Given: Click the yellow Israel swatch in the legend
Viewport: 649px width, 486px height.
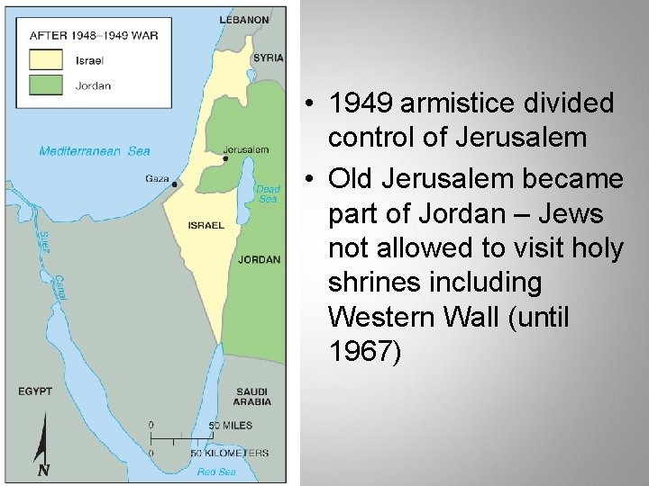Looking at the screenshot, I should pyautogui.click(x=46, y=60).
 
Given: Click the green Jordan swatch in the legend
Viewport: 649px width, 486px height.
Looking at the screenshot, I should pyautogui.click(x=46, y=85).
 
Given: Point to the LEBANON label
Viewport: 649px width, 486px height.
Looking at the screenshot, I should pyautogui.click(x=244, y=19).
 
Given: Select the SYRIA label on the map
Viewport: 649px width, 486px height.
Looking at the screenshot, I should pyautogui.click(x=268, y=58).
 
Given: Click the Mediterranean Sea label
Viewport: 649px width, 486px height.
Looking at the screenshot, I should pyautogui.click(x=95, y=151).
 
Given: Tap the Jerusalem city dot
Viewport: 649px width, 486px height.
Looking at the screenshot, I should pyautogui.click(x=225, y=158).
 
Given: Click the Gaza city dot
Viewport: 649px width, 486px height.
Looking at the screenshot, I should pyautogui.click(x=174, y=184).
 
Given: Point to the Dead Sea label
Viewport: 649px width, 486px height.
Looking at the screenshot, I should pyautogui.click(x=268, y=193).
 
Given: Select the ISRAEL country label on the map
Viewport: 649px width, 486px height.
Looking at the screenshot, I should pyautogui.click(x=206, y=225).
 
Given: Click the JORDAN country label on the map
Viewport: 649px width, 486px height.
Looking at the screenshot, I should pyautogui.click(x=259, y=260).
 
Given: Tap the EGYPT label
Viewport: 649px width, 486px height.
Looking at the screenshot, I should pyautogui.click(x=35, y=391).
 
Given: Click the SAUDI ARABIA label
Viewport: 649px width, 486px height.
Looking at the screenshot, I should pyautogui.click(x=251, y=397).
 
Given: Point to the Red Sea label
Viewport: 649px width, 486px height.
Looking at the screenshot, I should pyautogui.click(x=216, y=472).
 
